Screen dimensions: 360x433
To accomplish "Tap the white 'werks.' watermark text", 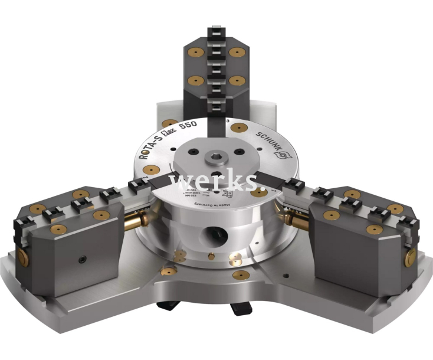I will tap(216, 182).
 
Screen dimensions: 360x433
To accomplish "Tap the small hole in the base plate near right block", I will tap(286, 274).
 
